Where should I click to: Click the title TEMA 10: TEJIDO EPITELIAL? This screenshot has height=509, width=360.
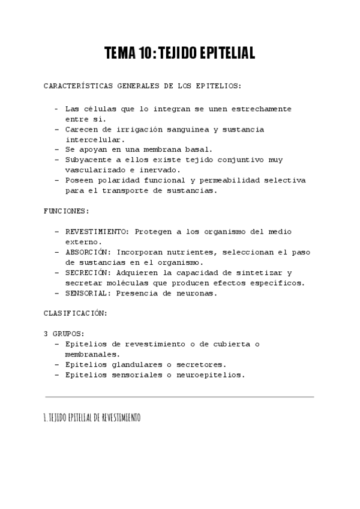179,53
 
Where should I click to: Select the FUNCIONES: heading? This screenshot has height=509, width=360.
67,211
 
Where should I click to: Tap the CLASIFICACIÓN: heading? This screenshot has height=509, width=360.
76,313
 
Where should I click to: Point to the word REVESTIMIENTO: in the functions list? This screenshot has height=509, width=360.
97,231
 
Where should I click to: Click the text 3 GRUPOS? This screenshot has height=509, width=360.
64,333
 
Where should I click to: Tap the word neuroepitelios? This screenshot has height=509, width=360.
214,375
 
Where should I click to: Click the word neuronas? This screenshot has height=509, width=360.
196,293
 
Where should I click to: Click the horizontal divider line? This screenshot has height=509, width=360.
179,397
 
